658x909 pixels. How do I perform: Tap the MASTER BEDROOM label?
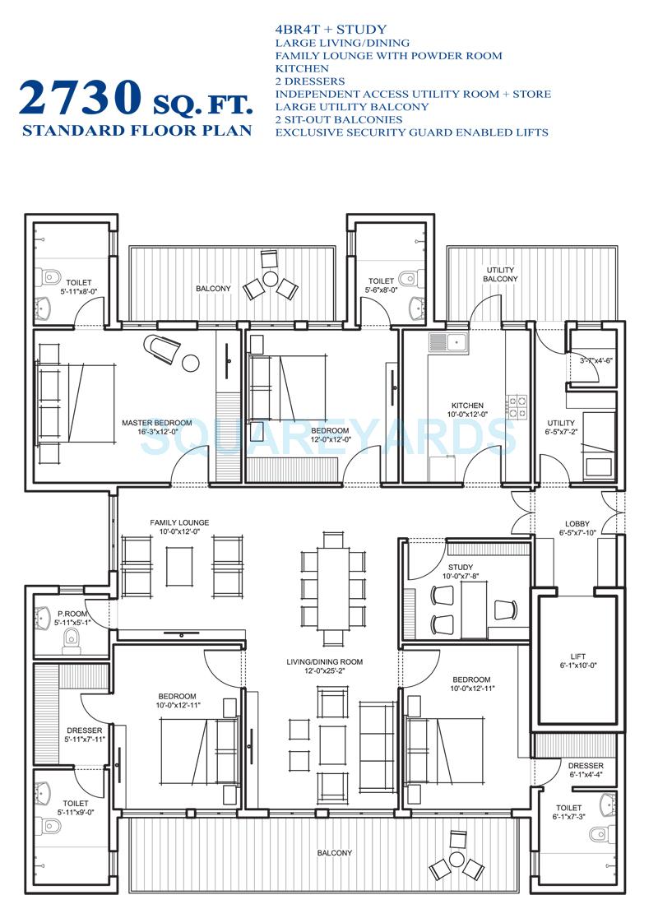(x=156, y=424)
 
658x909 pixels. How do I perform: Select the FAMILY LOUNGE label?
(x=179, y=522)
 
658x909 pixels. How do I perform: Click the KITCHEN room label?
(x=467, y=406)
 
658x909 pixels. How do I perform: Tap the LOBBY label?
(x=577, y=524)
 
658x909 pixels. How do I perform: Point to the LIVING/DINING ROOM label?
(x=324, y=661)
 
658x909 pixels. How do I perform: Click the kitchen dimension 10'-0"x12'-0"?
(x=467, y=415)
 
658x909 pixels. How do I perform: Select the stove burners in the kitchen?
(x=518, y=402)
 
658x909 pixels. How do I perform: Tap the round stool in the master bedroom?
(x=192, y=362)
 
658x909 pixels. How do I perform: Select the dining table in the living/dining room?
(x=333, y=584)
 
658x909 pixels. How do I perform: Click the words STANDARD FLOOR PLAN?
(x=137, y=131)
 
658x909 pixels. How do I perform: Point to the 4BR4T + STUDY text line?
(x=331, y=30)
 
